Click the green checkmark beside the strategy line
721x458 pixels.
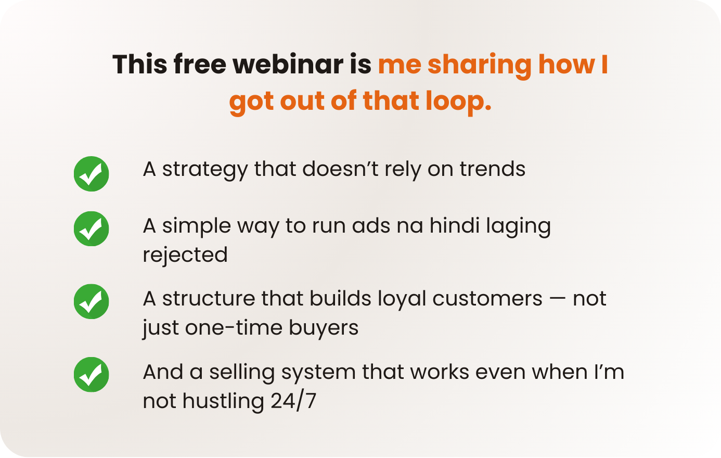[92, 174]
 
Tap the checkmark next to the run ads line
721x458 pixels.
[92, 229]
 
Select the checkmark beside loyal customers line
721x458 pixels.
[92, 301]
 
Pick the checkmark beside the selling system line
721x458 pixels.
[92, 375]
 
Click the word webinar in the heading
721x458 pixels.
[288, 65]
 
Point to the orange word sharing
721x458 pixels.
[480, 66]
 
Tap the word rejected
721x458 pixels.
[185, 256]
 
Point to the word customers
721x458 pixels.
[487, 299]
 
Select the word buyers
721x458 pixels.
[324, 329]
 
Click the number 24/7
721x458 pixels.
[293, 401]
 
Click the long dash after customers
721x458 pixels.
[558, 299]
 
